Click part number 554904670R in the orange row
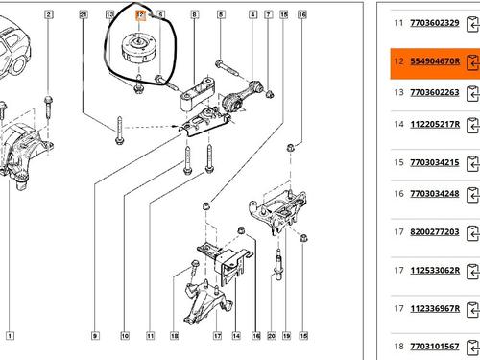click(435, 61)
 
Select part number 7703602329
click(435, 23)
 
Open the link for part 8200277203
click(435, 232)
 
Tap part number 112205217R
click(435, 124)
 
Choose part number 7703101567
click(435, 347)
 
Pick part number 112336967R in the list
click(435, 309)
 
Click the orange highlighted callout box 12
click(140, 15)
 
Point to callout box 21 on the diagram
click(84, 14)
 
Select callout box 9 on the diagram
click(95, 336)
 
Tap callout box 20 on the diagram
click(272, 336)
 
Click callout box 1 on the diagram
click(10, 336)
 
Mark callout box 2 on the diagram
click(49, 14)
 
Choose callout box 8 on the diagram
click(194, 14)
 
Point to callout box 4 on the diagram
click(253, 14)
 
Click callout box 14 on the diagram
click(236, 336)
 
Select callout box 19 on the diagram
click(286, 336)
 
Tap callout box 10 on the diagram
click(125, 336)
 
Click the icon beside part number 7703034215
click(473, 164)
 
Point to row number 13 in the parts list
click(399, 92)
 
